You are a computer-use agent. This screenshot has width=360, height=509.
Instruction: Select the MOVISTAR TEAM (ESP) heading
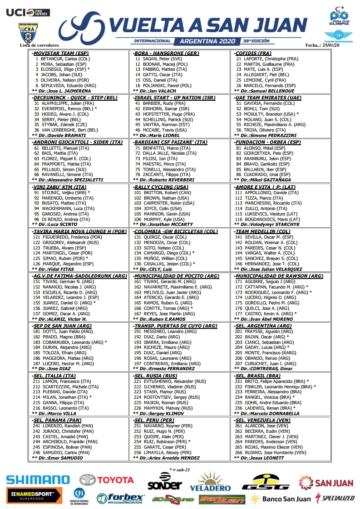(61, 53)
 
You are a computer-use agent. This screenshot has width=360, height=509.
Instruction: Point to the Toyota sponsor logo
(107, 480)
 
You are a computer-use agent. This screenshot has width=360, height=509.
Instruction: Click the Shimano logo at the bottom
(38, 480)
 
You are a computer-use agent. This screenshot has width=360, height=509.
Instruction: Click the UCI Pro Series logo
(28, 12)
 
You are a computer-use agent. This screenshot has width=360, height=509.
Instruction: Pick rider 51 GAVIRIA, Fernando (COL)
(271, 103)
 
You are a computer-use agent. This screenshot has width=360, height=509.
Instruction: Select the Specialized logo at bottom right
(335, 498)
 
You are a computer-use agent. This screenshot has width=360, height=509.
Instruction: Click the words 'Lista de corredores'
(39, 45)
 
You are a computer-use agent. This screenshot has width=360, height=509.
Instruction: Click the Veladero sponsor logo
(210, 483)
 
